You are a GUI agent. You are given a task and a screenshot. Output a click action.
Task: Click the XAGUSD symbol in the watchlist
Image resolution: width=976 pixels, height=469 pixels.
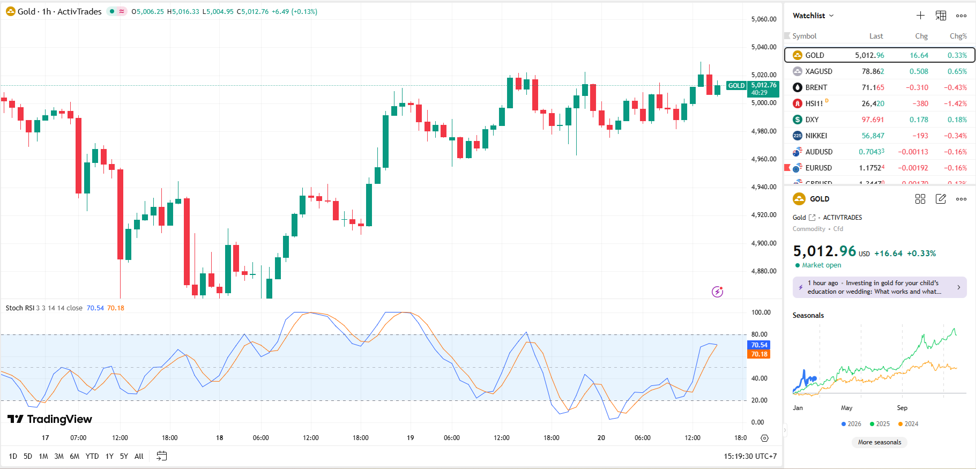(818, 71)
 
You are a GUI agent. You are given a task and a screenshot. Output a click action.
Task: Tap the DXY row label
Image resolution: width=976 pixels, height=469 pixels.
(811, 120)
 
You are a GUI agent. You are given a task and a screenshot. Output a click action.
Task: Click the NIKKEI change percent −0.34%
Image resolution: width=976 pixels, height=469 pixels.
(955, 136)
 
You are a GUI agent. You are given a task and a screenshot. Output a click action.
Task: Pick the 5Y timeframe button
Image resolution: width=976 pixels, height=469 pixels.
(124, 456)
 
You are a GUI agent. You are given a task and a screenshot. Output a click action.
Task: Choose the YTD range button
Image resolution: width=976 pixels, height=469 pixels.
(92, 456)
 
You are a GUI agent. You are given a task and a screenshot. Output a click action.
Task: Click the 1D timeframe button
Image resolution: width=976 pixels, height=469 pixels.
(13, 456)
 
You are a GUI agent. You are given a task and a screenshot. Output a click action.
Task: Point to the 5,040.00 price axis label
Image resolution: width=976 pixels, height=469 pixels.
(764, 47)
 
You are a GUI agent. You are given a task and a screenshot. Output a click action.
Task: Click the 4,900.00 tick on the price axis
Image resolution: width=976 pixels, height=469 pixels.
(764, 243)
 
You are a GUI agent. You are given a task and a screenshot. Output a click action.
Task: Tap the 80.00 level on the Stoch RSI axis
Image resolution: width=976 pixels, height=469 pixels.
(759, 334)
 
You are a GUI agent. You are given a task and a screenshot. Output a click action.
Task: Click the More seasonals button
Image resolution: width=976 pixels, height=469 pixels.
(880, 442)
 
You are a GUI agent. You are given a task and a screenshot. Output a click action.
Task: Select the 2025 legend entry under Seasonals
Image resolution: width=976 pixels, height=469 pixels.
(880, 424)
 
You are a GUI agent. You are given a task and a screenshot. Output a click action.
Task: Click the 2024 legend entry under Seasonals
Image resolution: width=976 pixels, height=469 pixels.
(908, 424)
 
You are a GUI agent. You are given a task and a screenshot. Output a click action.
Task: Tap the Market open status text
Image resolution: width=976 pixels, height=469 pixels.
(821, 265)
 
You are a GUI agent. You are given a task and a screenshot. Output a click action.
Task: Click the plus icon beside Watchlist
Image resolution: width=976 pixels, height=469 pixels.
(920, 16)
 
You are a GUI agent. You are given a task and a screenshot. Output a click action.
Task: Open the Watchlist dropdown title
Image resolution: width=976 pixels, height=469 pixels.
(813, 16)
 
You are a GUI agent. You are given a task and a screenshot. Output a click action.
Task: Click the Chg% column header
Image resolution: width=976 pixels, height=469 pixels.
(958, 36)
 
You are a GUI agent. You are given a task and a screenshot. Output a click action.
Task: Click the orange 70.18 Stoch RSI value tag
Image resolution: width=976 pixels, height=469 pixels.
(759, 354)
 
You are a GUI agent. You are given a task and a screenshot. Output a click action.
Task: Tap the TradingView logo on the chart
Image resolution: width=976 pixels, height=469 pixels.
(50, 419)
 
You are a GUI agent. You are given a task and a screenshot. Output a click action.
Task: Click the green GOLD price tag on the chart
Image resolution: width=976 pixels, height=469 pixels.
(736, 86)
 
